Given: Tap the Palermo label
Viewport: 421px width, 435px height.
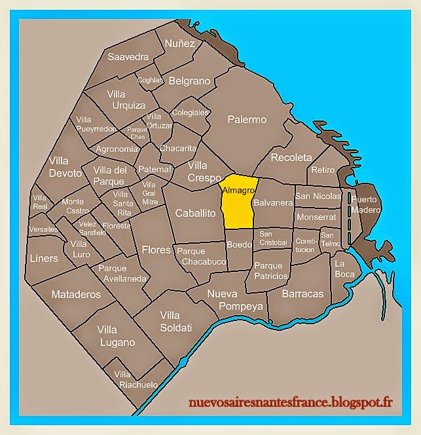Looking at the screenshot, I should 247,120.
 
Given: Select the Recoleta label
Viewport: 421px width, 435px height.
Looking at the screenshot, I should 291,158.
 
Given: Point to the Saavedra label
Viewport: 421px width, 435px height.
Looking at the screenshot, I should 128,57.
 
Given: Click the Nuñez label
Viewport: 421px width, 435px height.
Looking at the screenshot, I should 180,43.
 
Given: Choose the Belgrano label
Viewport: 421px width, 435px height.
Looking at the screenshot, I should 190,81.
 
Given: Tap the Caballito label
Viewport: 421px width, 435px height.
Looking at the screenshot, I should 195,213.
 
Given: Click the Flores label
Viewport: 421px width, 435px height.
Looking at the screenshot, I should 156,250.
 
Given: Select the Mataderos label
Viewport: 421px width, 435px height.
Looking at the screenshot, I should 76,294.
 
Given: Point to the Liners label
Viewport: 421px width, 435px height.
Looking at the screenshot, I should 44,258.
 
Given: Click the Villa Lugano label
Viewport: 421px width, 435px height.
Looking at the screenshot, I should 118,336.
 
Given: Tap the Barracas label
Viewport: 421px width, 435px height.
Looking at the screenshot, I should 302,294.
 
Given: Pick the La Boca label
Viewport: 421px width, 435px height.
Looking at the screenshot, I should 344,269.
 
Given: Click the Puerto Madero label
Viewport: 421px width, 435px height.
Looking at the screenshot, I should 365,204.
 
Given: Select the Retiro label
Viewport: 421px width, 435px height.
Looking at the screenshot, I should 323,170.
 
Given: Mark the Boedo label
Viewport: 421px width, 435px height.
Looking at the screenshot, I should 239,244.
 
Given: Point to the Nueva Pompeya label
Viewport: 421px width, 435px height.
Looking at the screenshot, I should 235,300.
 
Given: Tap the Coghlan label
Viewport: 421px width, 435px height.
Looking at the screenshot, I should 149,80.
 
